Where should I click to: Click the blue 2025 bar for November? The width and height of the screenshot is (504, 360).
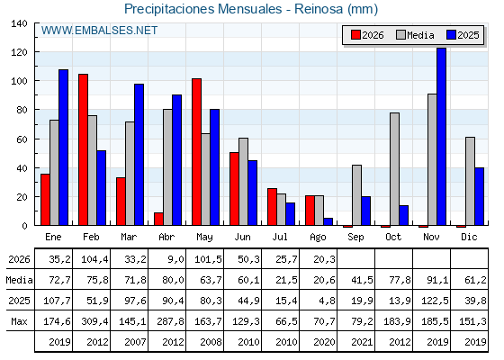click(441, 137)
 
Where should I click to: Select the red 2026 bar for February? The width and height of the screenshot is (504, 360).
click(83, 149)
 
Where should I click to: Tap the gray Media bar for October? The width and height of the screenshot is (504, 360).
click(394, 169)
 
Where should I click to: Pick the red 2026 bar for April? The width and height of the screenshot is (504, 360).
click(158, 219)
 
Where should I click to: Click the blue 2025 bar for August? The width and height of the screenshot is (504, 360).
click(328, 221)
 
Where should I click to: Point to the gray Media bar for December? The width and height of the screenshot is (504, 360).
click(470, 181)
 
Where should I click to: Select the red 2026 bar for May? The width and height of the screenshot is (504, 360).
click(197, 152)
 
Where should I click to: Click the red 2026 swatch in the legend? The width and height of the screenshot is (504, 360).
click(355, 35)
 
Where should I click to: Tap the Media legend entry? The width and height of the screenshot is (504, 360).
click(415, 35)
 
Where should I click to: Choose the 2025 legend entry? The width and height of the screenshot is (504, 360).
click(463, 35)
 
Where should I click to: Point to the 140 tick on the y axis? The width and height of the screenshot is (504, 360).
click(19, 23)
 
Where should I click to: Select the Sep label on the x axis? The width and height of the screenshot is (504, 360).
click(355, 238)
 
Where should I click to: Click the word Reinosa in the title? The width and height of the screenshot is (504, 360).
click(319, 9)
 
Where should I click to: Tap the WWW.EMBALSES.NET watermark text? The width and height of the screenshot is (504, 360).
click(99, 31)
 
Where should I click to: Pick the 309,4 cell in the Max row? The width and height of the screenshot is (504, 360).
click(94, 321)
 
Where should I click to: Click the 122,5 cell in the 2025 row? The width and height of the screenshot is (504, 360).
click(435, 301)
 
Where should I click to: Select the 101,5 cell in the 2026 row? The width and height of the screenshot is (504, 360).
click(208, 259)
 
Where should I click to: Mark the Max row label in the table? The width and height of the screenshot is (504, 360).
click(19, 321)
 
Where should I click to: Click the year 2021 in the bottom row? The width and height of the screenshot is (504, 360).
click(362, 342)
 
